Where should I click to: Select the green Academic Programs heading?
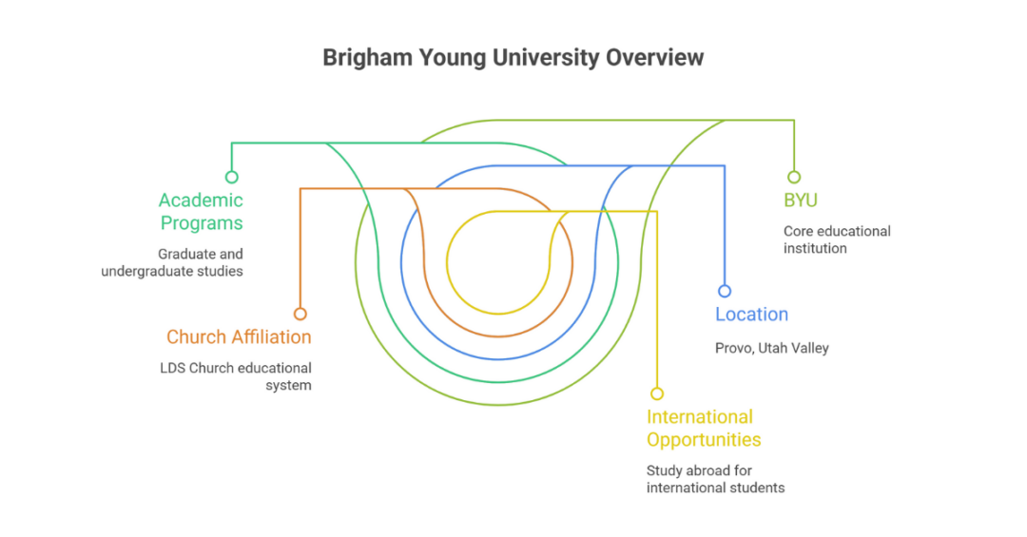(x=201, y=212)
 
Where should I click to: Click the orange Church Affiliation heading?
(x=239, y=336)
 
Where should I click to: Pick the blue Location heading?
(x=751, y=315)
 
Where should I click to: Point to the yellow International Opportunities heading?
(x=703, y=428)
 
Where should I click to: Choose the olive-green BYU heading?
(x=801, y=201)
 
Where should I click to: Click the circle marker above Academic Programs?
(x=231, y=177)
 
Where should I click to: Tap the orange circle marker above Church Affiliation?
(x=300, y=314)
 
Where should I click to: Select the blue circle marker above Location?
(x=725, y=291)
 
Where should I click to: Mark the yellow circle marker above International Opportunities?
(x=656, y=393)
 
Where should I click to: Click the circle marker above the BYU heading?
(x=794, y=177)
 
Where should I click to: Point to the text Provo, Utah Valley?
(x=771, y=348)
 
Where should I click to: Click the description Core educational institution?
(x=837, y=240)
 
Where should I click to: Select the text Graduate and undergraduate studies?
(x=172, y=262)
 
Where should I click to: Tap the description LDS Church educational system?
(x=236, y=376)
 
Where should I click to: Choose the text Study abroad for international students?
(x=715, y=479)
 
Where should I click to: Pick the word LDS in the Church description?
(x=172, y=368)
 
